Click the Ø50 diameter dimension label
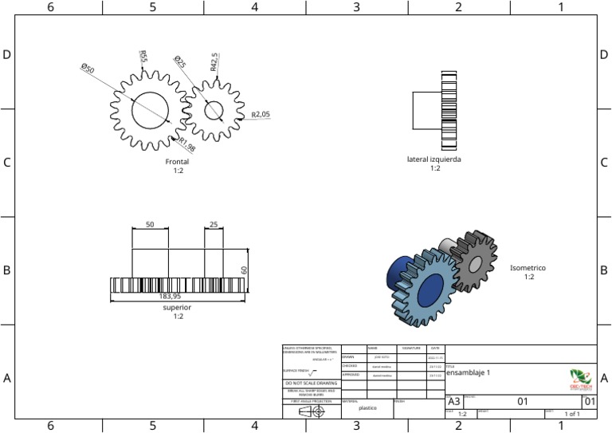coord(88,69)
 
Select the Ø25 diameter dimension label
coord(180,61)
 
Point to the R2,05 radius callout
coord(261,115)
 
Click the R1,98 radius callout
coord(187,146)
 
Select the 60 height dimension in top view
coord(245,270)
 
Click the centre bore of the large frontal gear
coord(151,109)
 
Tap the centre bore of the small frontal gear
coord(213,110)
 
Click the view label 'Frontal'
coord(177,162)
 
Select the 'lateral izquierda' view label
coord(434,159)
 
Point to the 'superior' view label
coord(177,307)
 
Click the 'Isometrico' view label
coord(528,268)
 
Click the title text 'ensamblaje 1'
coord(469,372)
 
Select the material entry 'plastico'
coord(367,407)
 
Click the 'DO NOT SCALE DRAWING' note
coord(311,383)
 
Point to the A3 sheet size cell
coord(453,402)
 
